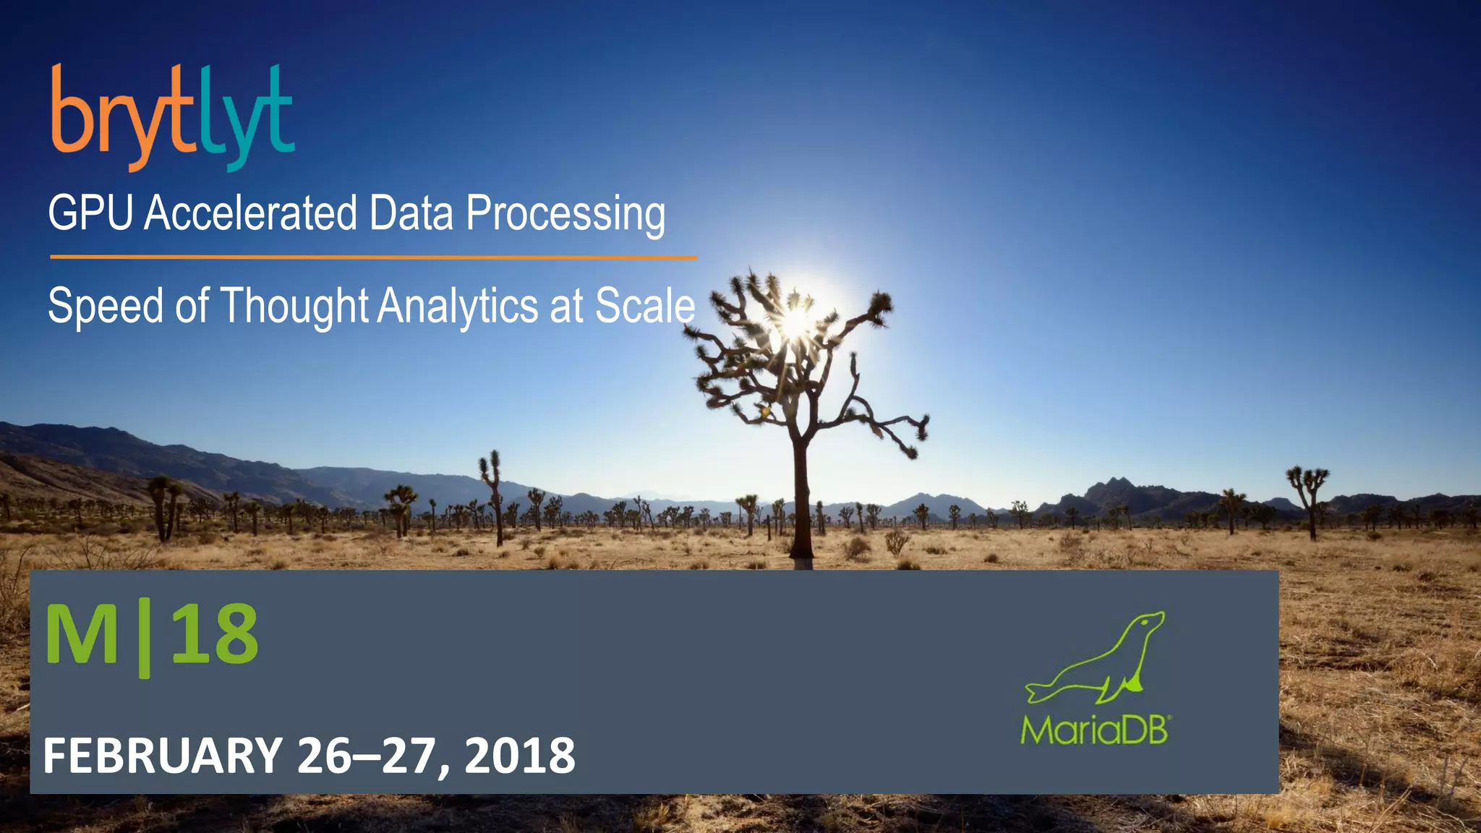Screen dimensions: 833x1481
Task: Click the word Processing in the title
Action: tap(565, 215)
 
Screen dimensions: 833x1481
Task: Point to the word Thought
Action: tap(294, 306)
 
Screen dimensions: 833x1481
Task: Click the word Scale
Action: tap(644, 306)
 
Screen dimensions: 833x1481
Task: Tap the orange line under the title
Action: tap(373, 257)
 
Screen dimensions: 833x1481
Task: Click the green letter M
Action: tap(81, 634)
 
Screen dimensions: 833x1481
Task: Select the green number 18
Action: tap(215, 634)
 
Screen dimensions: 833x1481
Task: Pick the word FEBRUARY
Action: tap(163, 756)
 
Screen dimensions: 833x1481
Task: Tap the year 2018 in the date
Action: tap(519, 756)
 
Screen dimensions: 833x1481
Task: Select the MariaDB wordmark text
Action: tap(1095, 730)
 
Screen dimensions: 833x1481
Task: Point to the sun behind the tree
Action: tap(796, 320)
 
